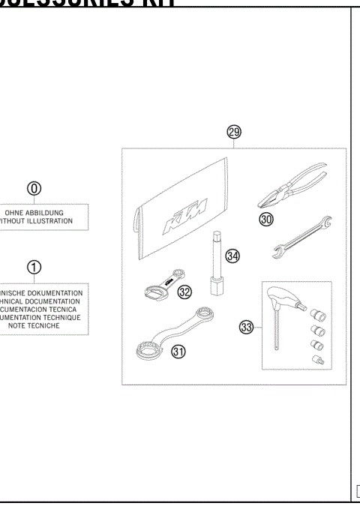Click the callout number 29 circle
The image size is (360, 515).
[234, 133]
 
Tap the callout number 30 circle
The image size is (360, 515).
[267, 218]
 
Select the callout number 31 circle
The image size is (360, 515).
[177, 351]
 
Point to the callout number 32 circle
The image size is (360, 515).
[184, 292]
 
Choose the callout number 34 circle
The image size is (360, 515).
[232, 256]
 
